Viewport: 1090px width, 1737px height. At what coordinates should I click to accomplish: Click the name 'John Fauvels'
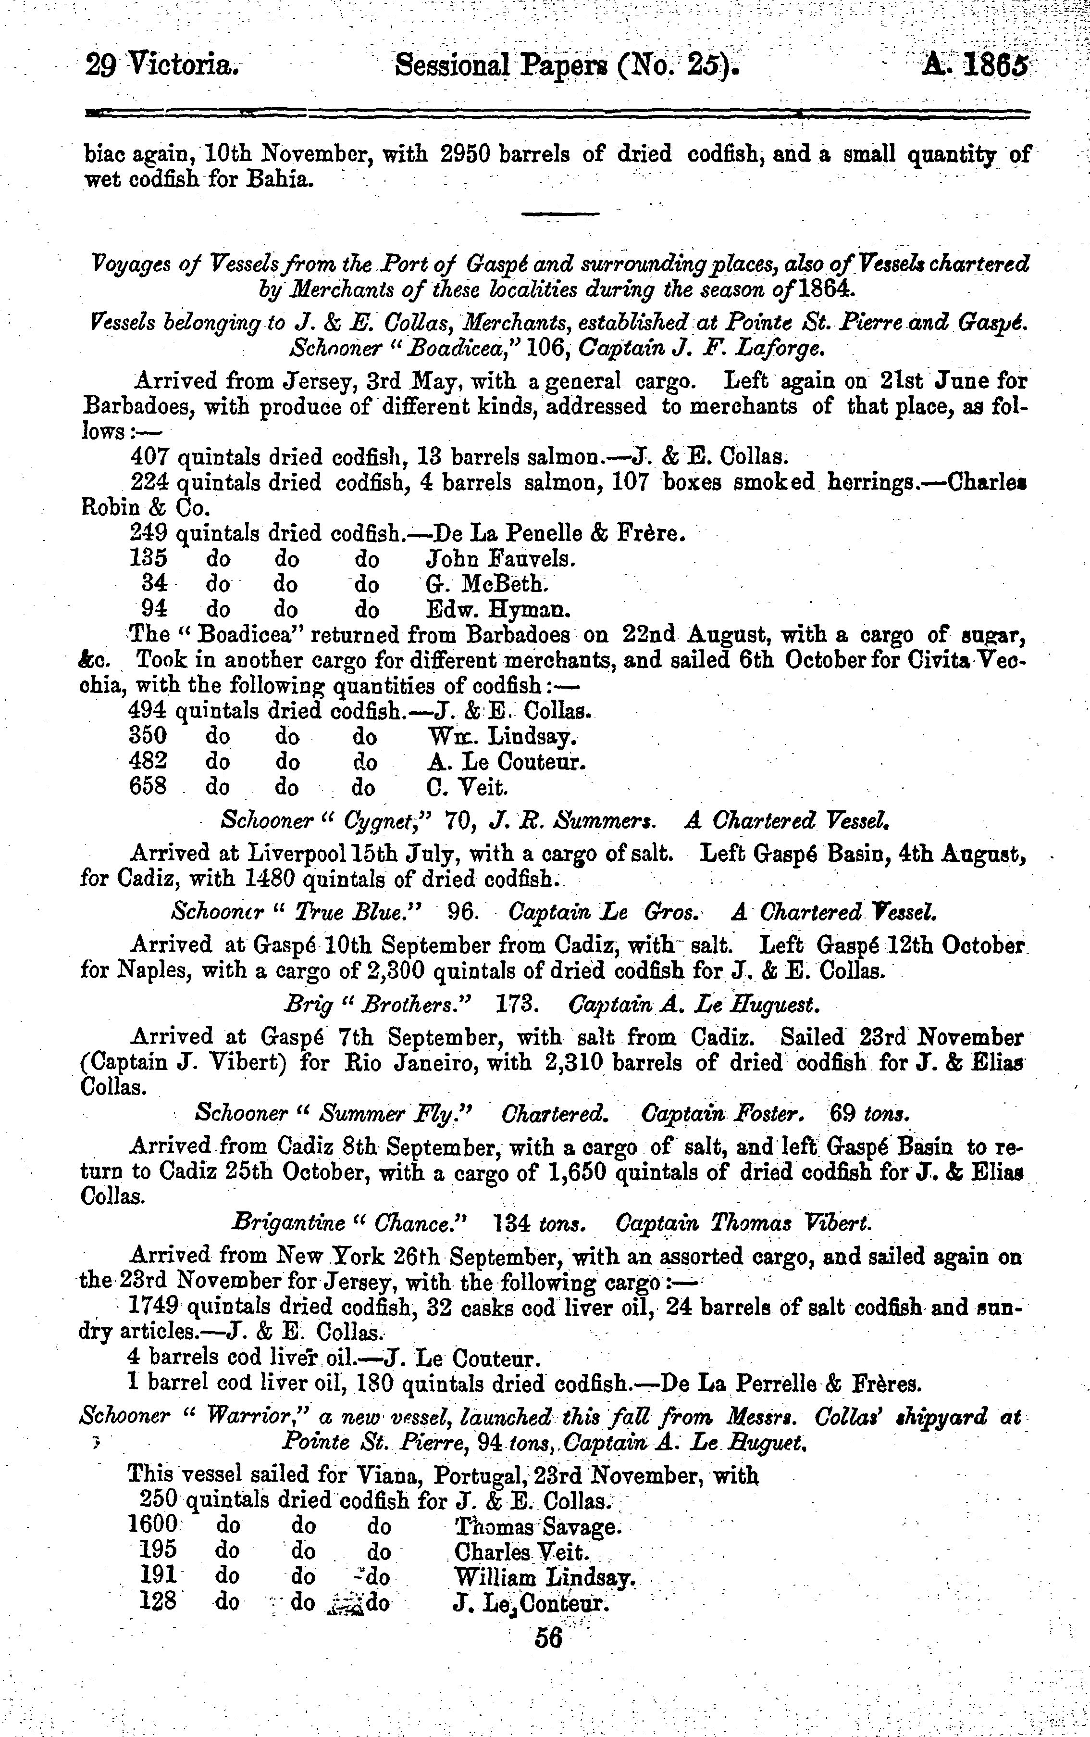click(500, 558)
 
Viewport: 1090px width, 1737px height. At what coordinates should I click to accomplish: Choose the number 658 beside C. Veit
click(149, 786)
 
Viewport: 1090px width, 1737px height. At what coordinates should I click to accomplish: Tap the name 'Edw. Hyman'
click(498, 610)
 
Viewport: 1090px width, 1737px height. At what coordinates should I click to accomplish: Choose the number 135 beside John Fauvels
click(149, 558)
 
